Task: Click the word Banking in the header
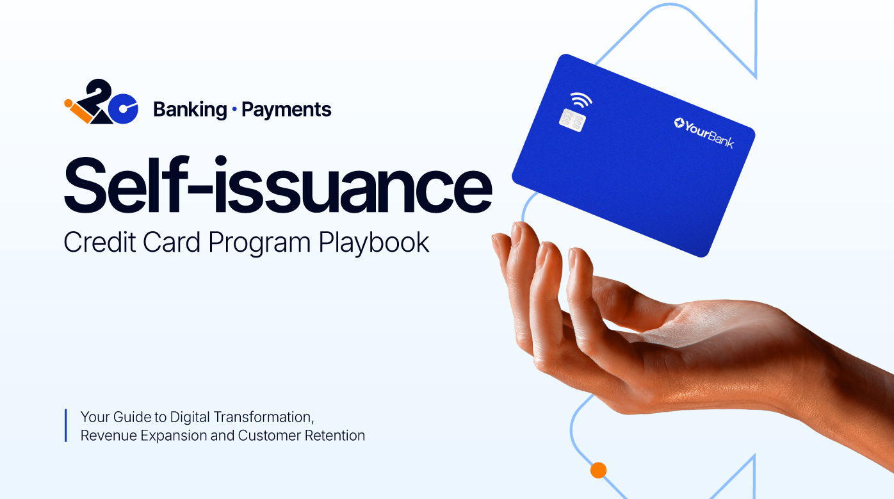[x=190, y=110]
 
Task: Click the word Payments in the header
[x=286, y=110]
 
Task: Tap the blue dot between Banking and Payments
[x=234, y=109]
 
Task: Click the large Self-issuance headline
[x=278, y=184]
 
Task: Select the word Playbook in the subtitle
[x=374, y=243]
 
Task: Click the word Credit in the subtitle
[x=100, y=242]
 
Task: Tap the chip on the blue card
[x=573, y=120]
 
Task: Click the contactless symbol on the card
[x=581, y=99]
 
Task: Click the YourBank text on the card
[x=704, y=133]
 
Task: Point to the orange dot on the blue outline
[x=598, y=470]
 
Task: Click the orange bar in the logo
[x=81, y=113]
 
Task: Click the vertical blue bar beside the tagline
[x=65, y=425]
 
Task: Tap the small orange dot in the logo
[x=69, y=103]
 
